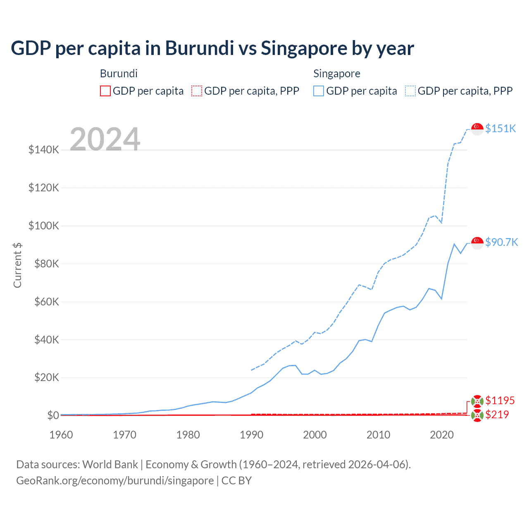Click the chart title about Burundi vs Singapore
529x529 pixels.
pyautogui.click(x=212, y=48)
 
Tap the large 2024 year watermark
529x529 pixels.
pyautogui.click(x=105, y=139)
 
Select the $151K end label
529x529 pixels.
pyautogui.click(x=500, y=129)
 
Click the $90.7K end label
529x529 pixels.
pyautogui.click(x=501, y=242)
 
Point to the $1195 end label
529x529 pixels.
pyautogui.click(x=500, y=400)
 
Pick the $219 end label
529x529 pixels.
pyautogui.click(x=497, y=415)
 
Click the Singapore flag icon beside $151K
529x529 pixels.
pyautogui.click(x=477, y=129)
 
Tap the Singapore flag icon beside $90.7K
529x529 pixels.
pyautogui.click(x=477, y=243)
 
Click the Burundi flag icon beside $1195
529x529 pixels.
pyautogui.click(x=477, y=401)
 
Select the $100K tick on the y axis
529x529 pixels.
pyautogui.click(x=44, y=226)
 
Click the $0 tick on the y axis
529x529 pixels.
pyautogui.click(x=53, y=415)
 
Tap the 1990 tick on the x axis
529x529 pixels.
pyautogui.click(x=251, y=435)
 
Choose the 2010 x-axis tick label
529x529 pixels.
pyautogui.click(x=378, y=435)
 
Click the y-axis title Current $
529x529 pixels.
pyautogui.click(x=17, y=265)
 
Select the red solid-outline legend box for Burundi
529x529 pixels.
pyautogui.click(x=105, y=91)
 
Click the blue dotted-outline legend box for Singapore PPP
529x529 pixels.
pyautogui.click(x=410, y=91)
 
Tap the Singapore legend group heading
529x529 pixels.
pyautogui.click(x=336, y=74)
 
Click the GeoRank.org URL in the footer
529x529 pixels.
pyautogui.click(x=115, y=481)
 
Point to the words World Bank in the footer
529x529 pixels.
pyautogui.click(x=110, y=465)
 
